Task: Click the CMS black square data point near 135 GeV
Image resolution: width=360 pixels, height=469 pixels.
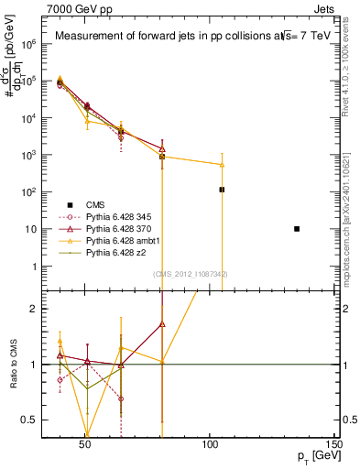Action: (297, 228)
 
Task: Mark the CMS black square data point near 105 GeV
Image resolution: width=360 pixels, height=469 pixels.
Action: (222, 190)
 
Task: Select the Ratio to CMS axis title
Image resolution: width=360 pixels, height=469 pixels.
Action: (14, 364)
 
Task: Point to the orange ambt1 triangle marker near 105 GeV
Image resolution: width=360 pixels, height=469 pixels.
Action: (222, 165)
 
